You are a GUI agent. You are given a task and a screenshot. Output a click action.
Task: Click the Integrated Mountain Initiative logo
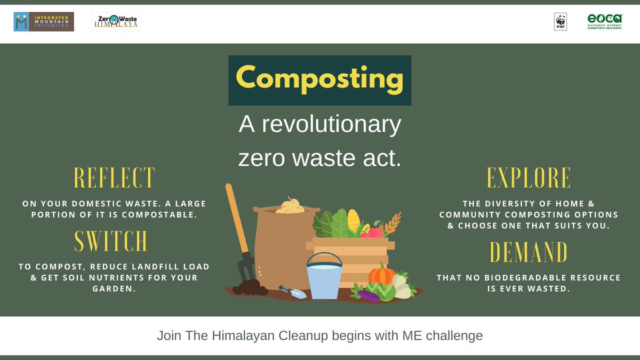(44, 22)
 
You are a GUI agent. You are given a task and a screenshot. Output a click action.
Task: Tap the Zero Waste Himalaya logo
(116, 22)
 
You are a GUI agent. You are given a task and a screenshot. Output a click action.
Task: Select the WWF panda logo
(561, 22)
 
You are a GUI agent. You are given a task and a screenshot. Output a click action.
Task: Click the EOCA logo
(605, 22)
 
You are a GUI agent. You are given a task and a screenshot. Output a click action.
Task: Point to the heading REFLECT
(114, 178)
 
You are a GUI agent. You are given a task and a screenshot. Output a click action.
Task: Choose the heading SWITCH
(110, 242)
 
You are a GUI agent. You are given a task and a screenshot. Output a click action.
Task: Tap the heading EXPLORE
(529, 178)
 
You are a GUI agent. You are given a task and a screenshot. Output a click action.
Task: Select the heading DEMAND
(529, 252)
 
